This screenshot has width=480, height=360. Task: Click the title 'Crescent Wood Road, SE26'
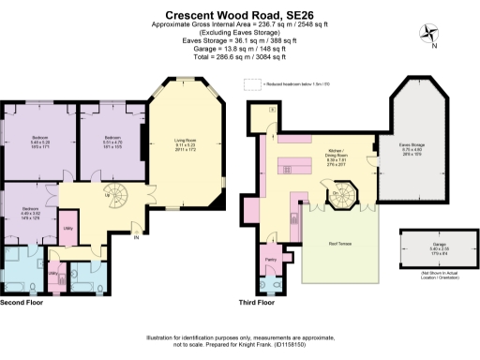coord(240,15)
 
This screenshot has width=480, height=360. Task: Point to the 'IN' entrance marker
coord(136,236)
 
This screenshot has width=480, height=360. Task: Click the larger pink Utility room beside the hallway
coord(68,230)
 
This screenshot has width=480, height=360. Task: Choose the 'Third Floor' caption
coord(257,304)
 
